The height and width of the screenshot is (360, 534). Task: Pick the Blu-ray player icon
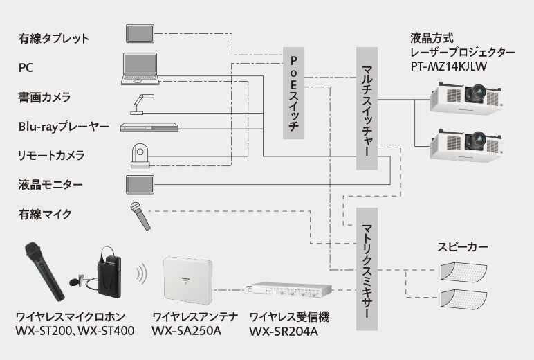click(x=149, y=126)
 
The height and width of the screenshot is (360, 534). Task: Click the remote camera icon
click(x=141, y=156)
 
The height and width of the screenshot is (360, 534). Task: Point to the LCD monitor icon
click(x=141, y=184)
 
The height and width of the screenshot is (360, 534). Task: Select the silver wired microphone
click(x=140, y=216)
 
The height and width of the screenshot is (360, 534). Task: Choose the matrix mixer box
click(x=367, y=271)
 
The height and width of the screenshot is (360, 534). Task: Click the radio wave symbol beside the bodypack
click(x=142, y=273)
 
